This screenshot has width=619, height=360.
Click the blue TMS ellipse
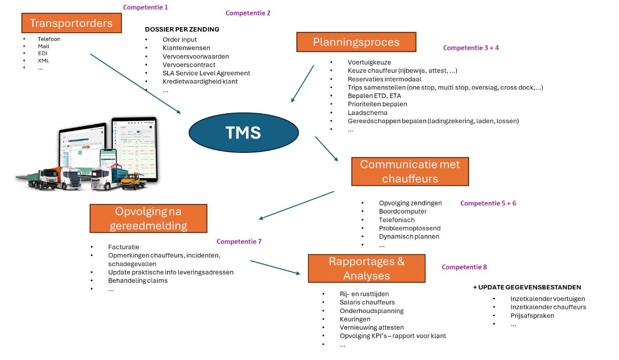coord(243,133)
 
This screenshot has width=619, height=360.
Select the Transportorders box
coord(72,23)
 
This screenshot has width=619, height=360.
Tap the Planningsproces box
coord(356,42)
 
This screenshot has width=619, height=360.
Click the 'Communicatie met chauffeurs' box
coord(410,171)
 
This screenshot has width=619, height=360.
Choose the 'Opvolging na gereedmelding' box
coord(148,218)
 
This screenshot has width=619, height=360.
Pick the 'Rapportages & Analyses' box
coord(366,268)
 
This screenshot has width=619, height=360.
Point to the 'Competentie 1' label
coord(146,7)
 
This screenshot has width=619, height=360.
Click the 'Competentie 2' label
coord(248,13)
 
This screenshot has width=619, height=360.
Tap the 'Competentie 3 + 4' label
coord(471,48)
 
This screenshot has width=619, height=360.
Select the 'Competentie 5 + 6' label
coord(488,203)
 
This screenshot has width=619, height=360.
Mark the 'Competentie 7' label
coord(239,242)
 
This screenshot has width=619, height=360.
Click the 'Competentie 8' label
coord(464,267)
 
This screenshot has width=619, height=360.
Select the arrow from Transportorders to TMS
coord(135,84)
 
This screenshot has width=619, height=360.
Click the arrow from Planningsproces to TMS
coord(302,84)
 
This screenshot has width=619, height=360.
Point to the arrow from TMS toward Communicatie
coord(326,149)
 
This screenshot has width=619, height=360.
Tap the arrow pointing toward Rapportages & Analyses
coord(275,267)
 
